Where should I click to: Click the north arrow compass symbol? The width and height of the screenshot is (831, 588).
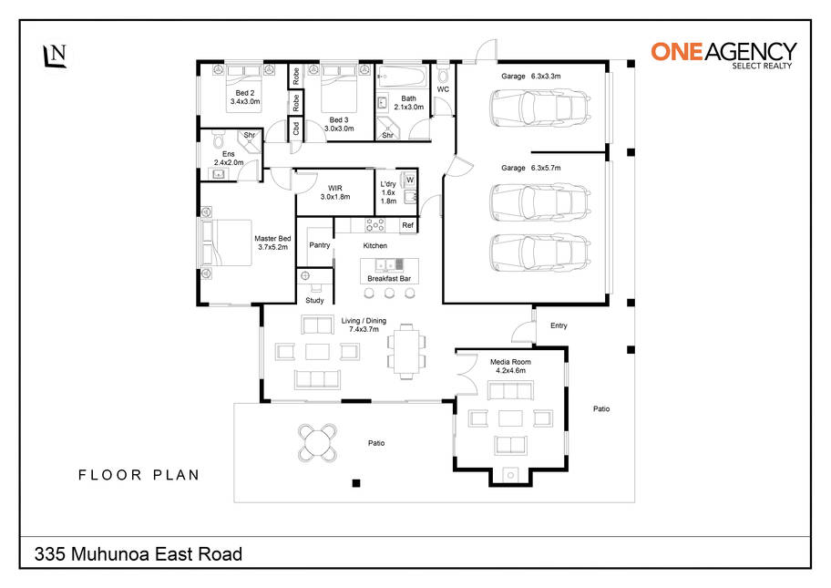(55, 56)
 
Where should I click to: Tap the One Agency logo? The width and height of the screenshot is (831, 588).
(723, 55)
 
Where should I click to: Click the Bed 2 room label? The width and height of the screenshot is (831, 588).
(245, 93)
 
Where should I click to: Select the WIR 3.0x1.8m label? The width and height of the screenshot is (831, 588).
(335, 192)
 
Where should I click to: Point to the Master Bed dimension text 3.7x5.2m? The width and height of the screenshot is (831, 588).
(273, 247)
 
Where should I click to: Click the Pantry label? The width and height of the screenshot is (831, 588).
(320, 245)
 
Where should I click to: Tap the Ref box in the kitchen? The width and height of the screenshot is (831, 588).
(407, 225)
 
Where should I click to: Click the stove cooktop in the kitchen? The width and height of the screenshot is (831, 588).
(374, 225)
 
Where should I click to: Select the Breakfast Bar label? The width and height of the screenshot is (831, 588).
(389, 278)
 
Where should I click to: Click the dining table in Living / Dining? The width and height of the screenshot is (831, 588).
(406, 351)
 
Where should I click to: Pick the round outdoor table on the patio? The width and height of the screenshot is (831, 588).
(317, 442)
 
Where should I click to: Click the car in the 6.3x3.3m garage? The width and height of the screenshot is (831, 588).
(539, 108)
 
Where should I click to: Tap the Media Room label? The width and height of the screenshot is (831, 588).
(510, 362)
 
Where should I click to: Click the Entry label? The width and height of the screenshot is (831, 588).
(559, 325)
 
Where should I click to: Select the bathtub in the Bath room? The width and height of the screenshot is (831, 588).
(403, 77)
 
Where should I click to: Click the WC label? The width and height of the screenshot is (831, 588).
(443, 89)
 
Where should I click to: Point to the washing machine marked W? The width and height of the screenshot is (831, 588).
(409, 180)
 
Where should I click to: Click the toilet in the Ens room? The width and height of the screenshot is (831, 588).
(218, 140)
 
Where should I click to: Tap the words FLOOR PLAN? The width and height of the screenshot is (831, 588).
(138, 475)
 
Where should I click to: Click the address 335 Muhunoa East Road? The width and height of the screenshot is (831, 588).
(138, 554)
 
